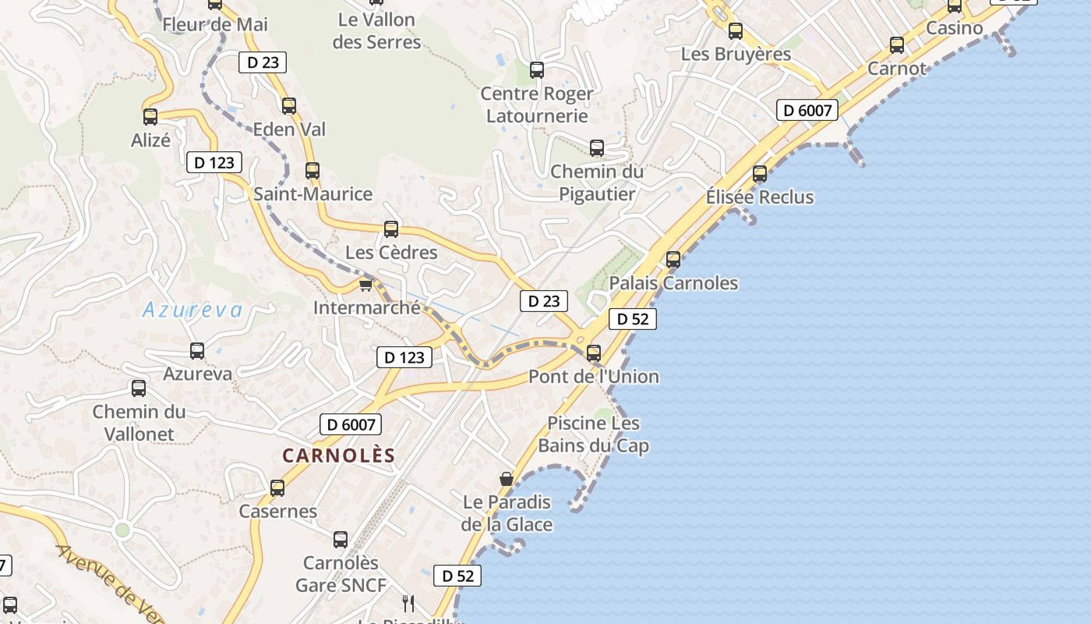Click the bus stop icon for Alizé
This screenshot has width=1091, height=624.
[150, 117]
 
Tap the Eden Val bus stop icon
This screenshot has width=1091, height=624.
[289, 106]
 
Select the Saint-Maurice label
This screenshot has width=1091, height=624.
[312, 194]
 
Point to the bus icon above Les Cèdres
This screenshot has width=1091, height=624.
[391, 229]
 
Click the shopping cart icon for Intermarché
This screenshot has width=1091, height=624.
[366, 285]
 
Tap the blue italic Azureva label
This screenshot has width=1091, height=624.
[192, 310]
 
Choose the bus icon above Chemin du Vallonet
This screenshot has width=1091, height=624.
[139, 388]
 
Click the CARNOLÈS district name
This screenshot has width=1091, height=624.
[339, 456]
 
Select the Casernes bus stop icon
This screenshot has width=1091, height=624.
[277, 489]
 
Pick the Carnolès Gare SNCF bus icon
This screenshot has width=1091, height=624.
[341, 540]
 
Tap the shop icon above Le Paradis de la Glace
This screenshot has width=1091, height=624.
[507, 478]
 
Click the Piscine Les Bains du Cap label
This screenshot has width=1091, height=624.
[594, 434]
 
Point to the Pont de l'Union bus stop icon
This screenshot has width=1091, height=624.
[594, 353]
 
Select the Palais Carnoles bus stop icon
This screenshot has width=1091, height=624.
[673, 260]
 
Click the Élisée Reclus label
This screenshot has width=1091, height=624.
[760, 197]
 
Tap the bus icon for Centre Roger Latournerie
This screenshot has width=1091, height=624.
[537, 70]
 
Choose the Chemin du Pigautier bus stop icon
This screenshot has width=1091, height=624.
[597, 148]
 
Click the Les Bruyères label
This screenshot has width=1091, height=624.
[736, 55]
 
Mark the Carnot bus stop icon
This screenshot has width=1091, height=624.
[897, 45]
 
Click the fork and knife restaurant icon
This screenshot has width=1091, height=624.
[408, 602]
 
